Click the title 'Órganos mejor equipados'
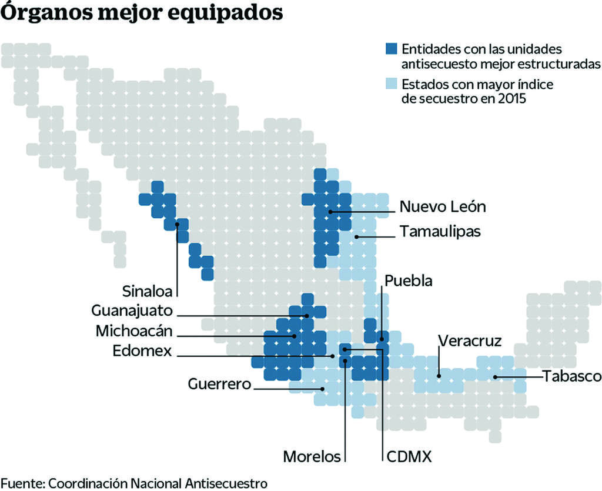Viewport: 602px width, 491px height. pyautogui.click(x=142, y=14)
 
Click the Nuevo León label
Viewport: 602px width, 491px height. pyautogui.click(x=443, y=207)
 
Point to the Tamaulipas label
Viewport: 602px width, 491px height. pyautogui.click(x=440, y=232)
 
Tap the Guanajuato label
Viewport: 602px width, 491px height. pyautogui.click(x=132, y=310)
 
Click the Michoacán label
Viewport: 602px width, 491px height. pyautogui.click(x=135, y=331)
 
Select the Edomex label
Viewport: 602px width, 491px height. pyautogui.click(x=143, y=351)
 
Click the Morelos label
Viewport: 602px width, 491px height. pyautogui.click(x=312, y=456)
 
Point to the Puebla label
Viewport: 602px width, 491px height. pyautogui.click(x=409, y=280)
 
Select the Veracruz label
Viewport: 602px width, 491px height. pyautogui.click(x=470, y=342)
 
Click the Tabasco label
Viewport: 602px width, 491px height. pyautogui.click(x=571, y=376)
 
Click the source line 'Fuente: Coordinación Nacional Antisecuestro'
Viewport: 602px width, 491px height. pyautogui.click(x=133, y=483)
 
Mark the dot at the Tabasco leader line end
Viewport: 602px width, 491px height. pyautogui.click(x=496, y=376)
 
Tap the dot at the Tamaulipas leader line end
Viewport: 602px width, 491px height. pyautogui.click(x=357, y=236)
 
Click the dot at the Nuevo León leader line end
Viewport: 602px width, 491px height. pyautogui.click(x=331, y=211)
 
